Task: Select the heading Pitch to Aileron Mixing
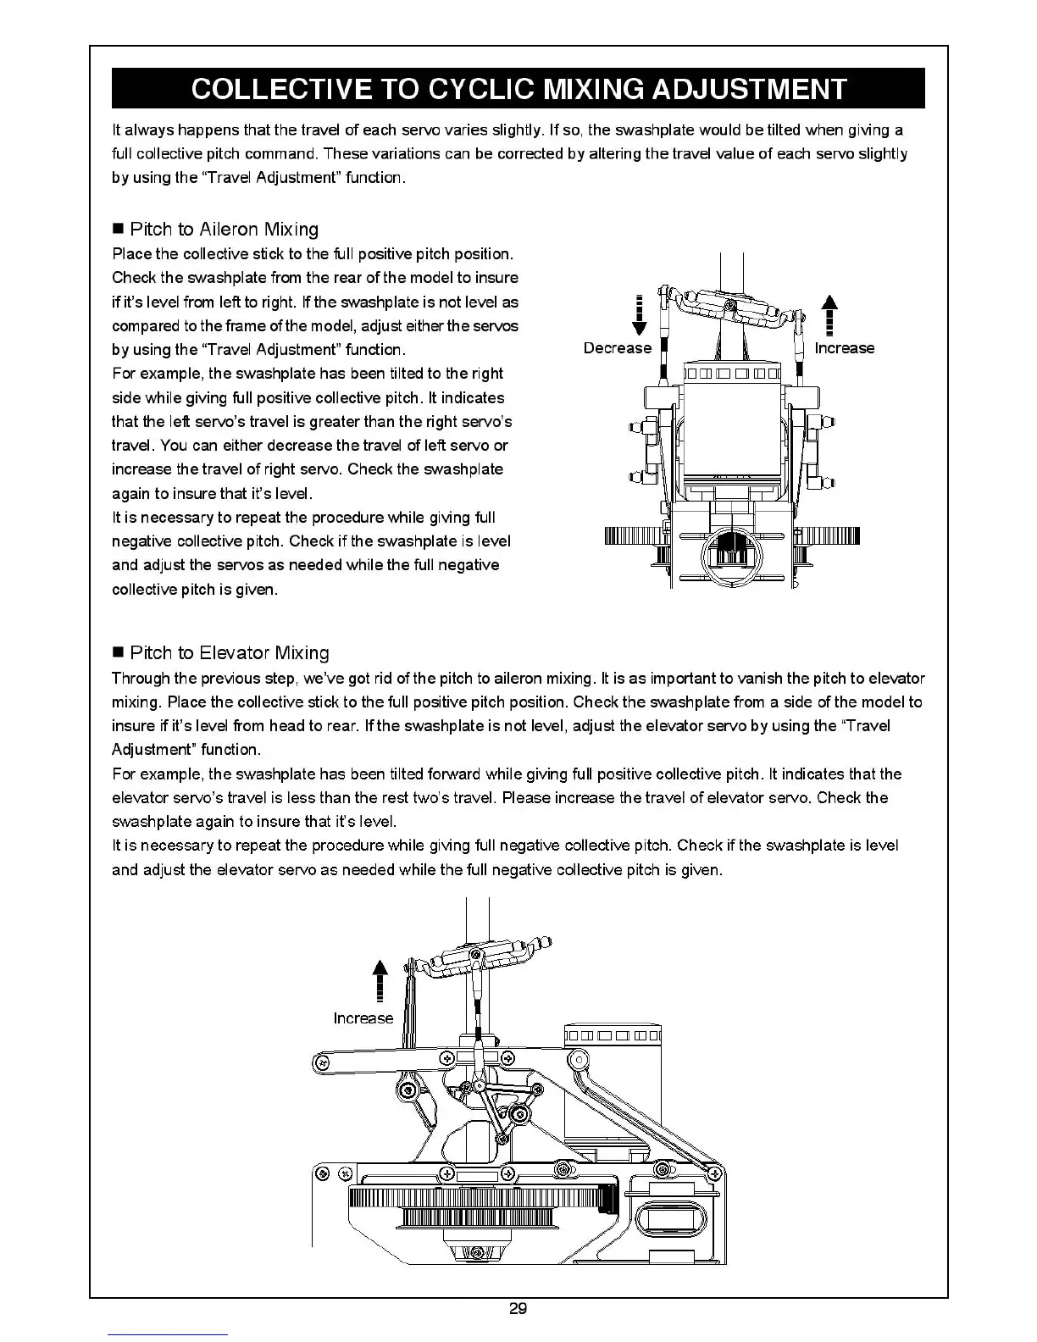tap(225, 230)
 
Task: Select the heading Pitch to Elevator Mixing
tap(230, 653)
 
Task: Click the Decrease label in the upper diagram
tap(618, 348)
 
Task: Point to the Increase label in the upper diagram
tap(844, 348)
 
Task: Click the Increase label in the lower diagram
tap(363, 1018)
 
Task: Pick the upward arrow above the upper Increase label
tap(831, 315)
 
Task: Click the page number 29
tap(518, 1309)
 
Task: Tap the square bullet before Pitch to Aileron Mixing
tap(119, 230)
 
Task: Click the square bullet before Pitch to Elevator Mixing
tap(119, 653)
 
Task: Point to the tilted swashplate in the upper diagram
tap(730, 307)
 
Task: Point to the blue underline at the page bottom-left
tap(168, 1334)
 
